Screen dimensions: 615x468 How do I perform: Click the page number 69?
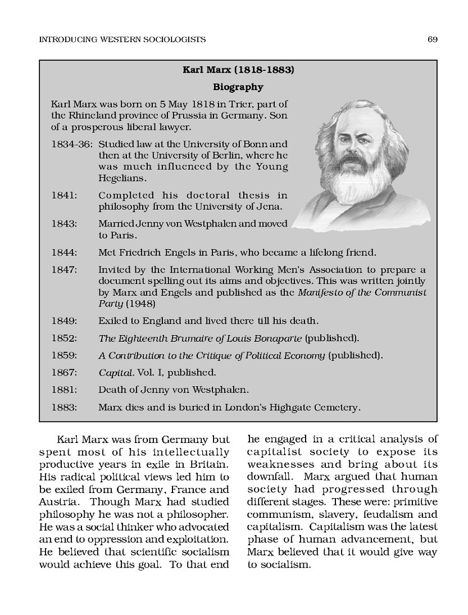pyautogui.click(x=432, y=39)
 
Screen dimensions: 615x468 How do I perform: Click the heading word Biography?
pyautogui.click(x=238, y=87)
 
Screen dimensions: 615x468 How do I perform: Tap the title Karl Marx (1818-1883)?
pyautogui.click(x=238, y=70)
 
